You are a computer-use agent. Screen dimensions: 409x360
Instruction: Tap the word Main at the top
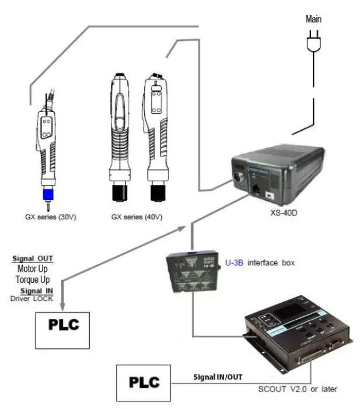pos(313,19)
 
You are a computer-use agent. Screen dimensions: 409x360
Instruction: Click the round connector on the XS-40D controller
pos(240,177)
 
